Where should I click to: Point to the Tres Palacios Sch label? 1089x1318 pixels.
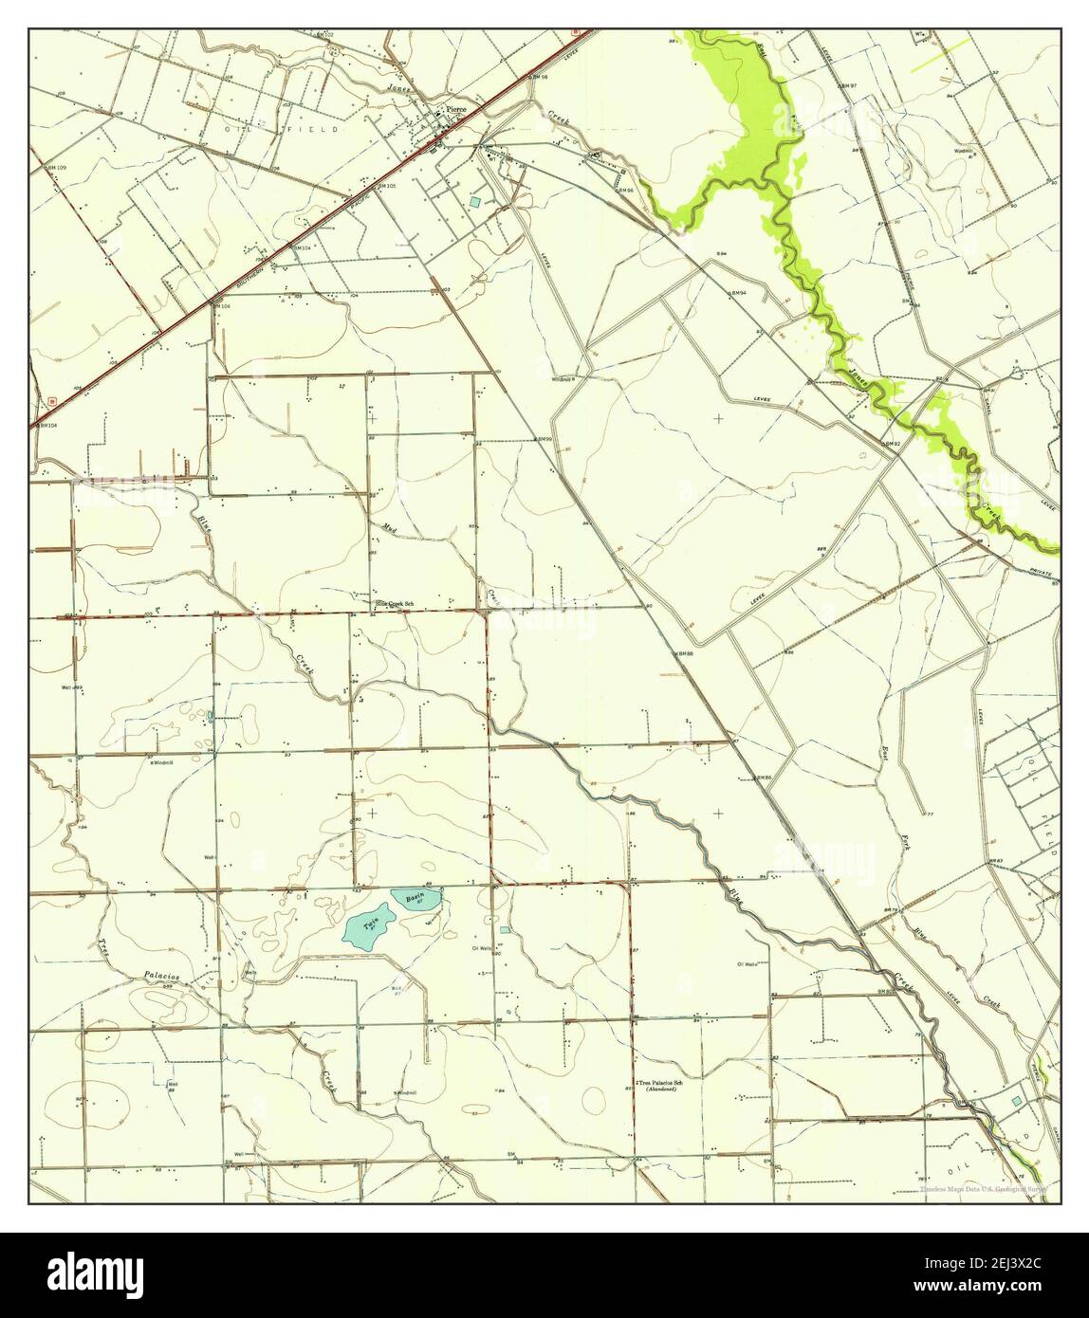[661, 1083]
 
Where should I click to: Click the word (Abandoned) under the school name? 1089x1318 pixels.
[661, 1090]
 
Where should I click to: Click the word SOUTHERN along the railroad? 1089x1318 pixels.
[249, 274]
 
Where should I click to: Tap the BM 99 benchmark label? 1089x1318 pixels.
[543, 440]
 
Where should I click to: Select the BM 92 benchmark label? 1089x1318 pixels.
[889, 443]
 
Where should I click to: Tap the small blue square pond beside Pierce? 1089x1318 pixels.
[474, 202]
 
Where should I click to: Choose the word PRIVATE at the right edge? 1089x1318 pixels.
[1043, 569]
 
